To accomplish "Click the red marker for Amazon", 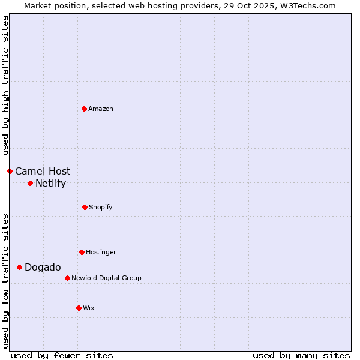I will point(84,109).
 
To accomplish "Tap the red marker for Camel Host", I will point(10,171).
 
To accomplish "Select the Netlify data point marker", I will point(30,183).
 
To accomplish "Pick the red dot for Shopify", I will point(85,207).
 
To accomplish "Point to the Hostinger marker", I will point(82,252).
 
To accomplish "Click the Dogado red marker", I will point(19,267).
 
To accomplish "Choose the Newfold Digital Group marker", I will point(67,278).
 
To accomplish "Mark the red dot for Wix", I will point(79,308).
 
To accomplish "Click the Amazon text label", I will point(101,109).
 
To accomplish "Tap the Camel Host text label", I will point(43,171).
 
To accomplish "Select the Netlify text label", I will point(50,183).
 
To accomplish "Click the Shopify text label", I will point(101,207).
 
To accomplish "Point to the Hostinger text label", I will point(101,252).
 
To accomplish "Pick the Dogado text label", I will point(43,267).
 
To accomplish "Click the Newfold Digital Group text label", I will point(106,278).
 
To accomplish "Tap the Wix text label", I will point(89,308).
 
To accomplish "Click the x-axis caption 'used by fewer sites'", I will point(62,355).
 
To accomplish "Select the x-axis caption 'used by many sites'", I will point(301,355).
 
